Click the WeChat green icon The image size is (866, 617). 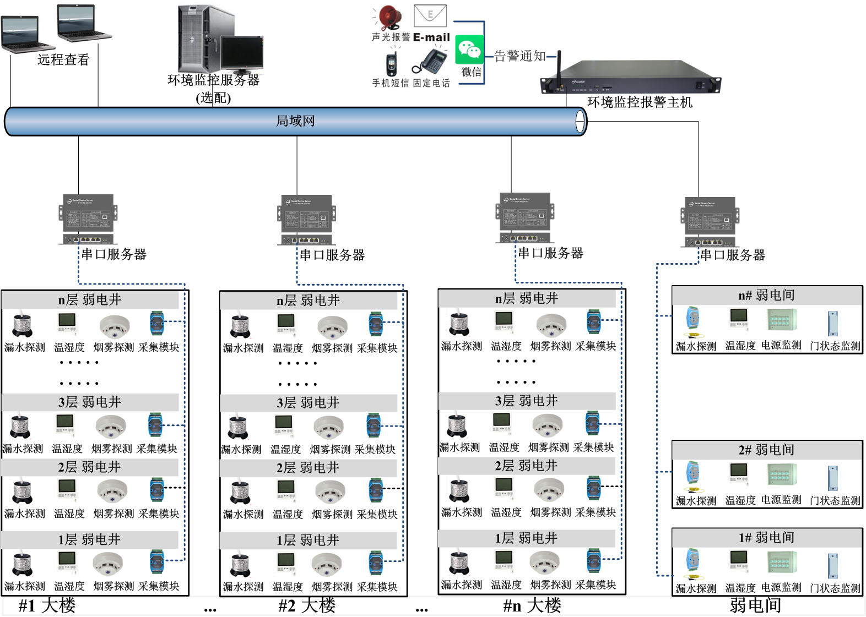[x=469, y=50]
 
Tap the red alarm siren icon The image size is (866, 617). [x=389, y=18]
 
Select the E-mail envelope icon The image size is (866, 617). [x=430, y=15]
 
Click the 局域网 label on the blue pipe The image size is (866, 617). [x=295, y=121]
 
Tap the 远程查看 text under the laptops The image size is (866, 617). [x=63, y=59]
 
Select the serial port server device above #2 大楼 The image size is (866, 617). [x=307, y=219]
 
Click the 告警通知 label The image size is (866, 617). [x=519, y=56]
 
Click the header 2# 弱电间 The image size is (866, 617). [x=766, y=450]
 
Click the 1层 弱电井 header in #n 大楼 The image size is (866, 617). [x=526, y=538]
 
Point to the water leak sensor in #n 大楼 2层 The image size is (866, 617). [x=459, y=490]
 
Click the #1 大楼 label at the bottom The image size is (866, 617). [x=47, y=606]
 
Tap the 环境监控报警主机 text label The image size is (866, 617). [x=640, y=102]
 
